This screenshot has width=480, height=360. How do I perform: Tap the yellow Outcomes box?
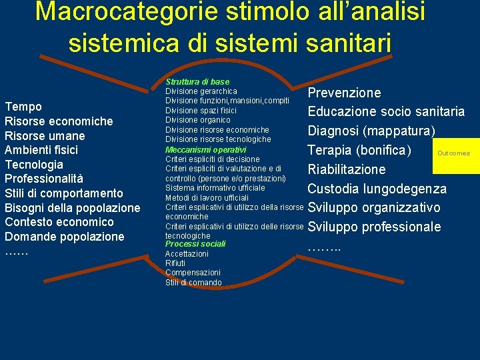[x=453, y=153]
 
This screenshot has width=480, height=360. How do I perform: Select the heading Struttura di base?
[x=197, y=81]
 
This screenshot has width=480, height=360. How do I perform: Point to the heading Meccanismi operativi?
[x=205, y=149]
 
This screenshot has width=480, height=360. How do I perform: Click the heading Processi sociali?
[x=195, y=244]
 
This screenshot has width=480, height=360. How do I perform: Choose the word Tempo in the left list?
[x=23, y=107]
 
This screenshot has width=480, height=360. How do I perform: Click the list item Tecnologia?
[x=34, y=164]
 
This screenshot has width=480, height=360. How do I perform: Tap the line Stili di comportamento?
[x=64, y=193]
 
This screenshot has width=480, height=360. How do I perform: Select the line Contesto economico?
[x=59, y=222]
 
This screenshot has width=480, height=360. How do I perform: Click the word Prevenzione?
[x=344, y=93]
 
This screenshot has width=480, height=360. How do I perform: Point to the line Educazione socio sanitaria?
[x=386, y=111]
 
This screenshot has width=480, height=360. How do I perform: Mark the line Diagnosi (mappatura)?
[x=371, y=130]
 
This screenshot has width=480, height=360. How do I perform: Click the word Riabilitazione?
[x=347, y=169]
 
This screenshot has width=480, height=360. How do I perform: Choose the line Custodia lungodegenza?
[x=377, y=189]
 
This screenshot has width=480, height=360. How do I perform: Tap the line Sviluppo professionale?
[x=374, y=227]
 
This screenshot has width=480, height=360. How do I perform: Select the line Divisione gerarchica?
[x=201, y=91]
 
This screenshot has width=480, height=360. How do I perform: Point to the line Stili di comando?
[x=193, y=283]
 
